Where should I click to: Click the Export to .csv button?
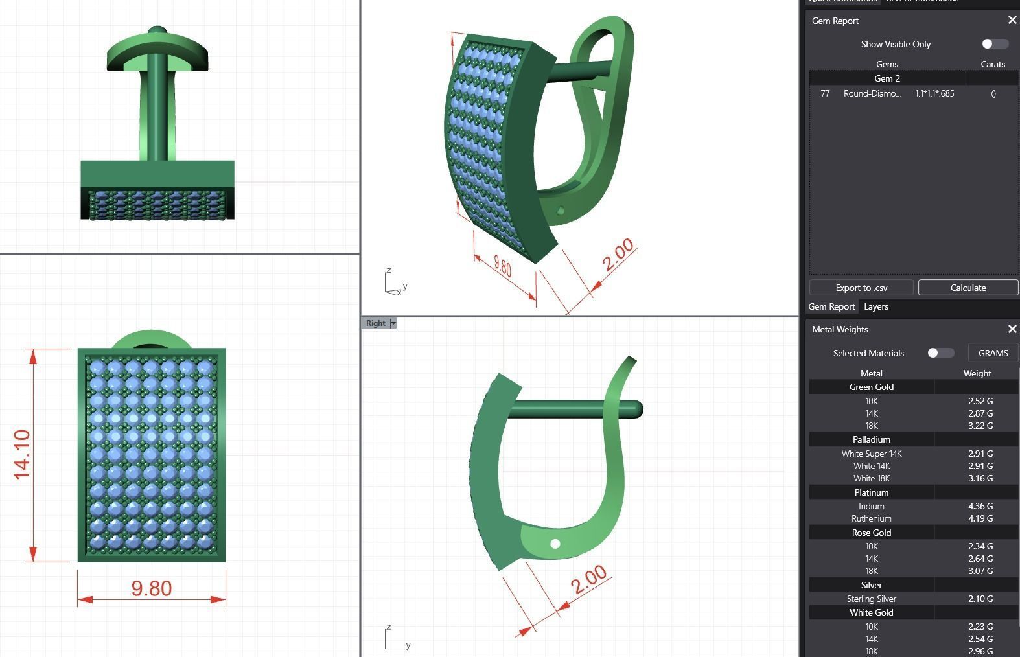[x=861, y=288]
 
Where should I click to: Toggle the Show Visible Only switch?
[x=995, y=44]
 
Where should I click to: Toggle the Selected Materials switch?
[x=940, y=353]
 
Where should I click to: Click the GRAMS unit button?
[x=993, y=353]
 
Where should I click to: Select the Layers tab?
[x=875, y=306]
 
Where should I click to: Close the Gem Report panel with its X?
[x=1012, y=21]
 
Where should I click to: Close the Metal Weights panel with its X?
[x=1012, y=329]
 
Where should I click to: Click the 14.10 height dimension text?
[x=22, y=455]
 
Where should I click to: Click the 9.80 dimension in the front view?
[x=152, y=588]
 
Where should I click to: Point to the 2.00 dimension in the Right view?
[x=589, y=580]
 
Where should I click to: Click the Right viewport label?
[x=375, y=323]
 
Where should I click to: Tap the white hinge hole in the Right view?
[x=555, y=544]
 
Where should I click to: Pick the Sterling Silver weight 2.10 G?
[x=980, y=599]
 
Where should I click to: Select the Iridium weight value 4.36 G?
[x=980, y=506]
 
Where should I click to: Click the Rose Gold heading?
[x=871, y=533]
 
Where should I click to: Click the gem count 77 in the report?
[x=825, y=93]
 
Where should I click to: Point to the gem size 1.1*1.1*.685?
[x=934, y=93]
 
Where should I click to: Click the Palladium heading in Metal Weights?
[x=871, y=439]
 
